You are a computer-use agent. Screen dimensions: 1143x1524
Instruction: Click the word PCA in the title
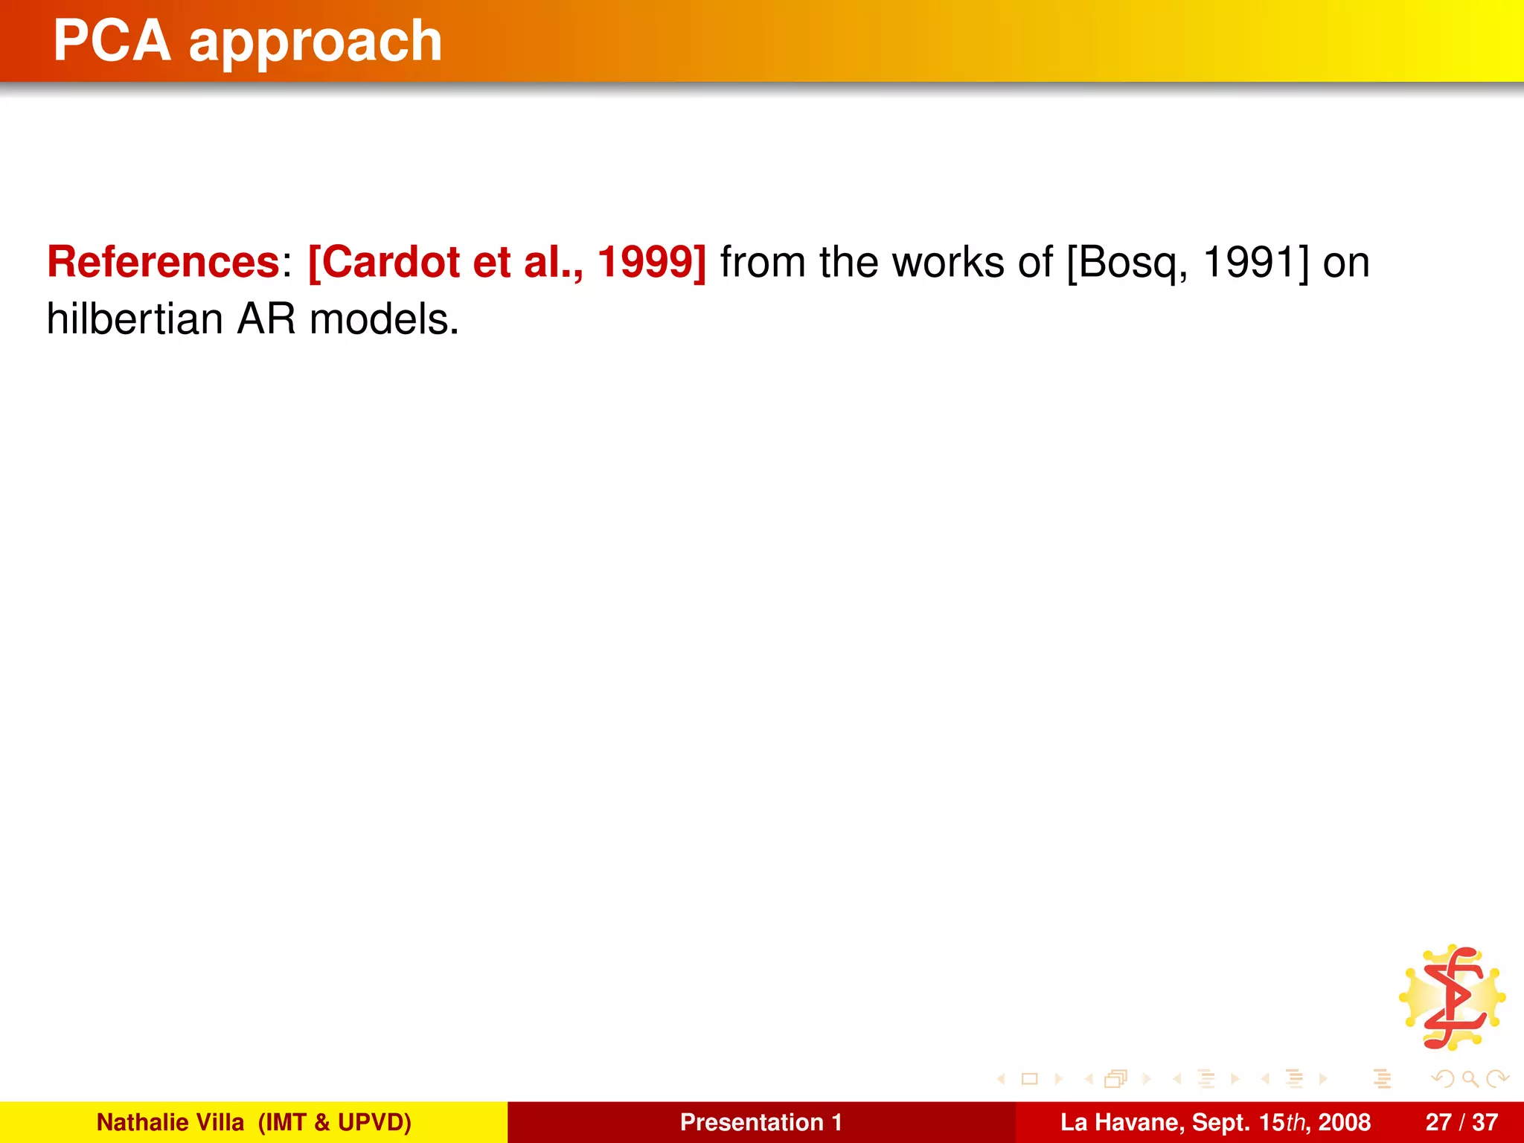tap(112, 41)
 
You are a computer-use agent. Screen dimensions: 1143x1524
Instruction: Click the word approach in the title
tap(316, 42)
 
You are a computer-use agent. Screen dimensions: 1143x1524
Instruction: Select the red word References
tap(163, 262)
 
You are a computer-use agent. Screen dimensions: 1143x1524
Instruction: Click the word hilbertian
tap(135, 319)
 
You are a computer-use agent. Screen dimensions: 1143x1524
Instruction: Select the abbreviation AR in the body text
tap(266, 319)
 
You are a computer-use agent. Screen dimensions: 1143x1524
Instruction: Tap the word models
tap(383, 319)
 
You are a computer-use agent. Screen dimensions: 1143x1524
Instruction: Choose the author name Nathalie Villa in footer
tap(170, 1122)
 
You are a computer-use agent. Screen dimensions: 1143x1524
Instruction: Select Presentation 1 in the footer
tap(761, 1122)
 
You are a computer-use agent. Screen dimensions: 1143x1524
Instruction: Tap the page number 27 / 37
tap(1461, 1122)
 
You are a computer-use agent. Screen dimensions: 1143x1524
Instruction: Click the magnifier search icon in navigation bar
tap(1470, 1078)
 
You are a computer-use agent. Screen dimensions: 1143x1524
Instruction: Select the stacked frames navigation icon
tap(1115, 1078)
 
